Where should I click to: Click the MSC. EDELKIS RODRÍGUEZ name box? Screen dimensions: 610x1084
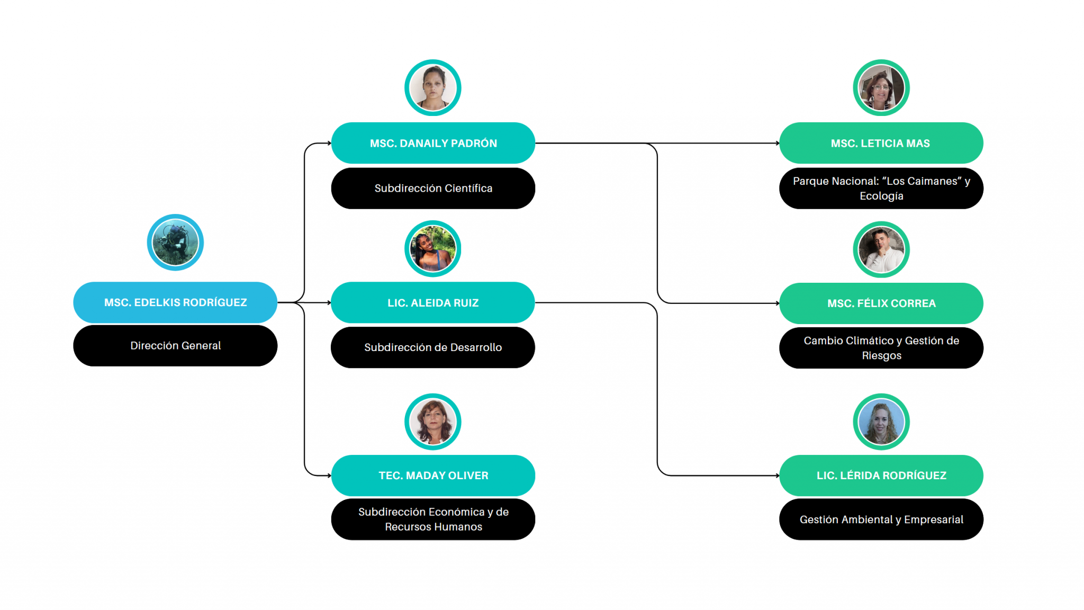(x=175, y=302)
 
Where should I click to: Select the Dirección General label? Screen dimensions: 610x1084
(x=175, y=346)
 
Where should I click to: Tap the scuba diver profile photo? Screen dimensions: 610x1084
(x=175, y=243)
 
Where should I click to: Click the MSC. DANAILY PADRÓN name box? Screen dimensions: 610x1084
(x=433, y=143)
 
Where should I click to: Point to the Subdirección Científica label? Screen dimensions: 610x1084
(x=433, y=189)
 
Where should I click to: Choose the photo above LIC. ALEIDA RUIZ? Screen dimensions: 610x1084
(x=433, y=249)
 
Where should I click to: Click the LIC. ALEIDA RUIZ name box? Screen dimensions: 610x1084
(x=433, y=303)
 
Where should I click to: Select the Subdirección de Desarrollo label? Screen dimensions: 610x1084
(x=433, y=347)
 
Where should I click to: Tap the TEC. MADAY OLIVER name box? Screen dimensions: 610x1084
(x=433, y=476)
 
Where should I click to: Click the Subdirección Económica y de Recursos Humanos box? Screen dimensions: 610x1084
(x=433, y=519)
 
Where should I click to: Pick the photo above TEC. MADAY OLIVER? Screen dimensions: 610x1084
(x=433, y=422)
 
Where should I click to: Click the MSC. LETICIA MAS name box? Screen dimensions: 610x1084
(x=881, y=143)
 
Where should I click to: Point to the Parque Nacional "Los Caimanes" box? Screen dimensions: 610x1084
(x=881, y=189)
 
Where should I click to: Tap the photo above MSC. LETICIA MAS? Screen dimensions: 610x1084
(x=881, y=88)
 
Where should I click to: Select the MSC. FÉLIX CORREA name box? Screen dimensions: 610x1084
(x=881, y=303)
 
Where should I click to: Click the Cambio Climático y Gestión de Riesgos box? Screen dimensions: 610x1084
(x=881, y=348)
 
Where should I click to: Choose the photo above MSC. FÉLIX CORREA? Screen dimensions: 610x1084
(x=881, y=250)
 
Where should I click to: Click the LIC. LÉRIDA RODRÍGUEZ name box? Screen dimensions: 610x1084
(x=881, y=476)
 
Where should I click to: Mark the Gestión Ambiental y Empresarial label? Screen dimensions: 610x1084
(x=881, y=519)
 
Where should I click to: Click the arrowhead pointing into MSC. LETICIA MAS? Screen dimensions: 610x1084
(x=777, y=143)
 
